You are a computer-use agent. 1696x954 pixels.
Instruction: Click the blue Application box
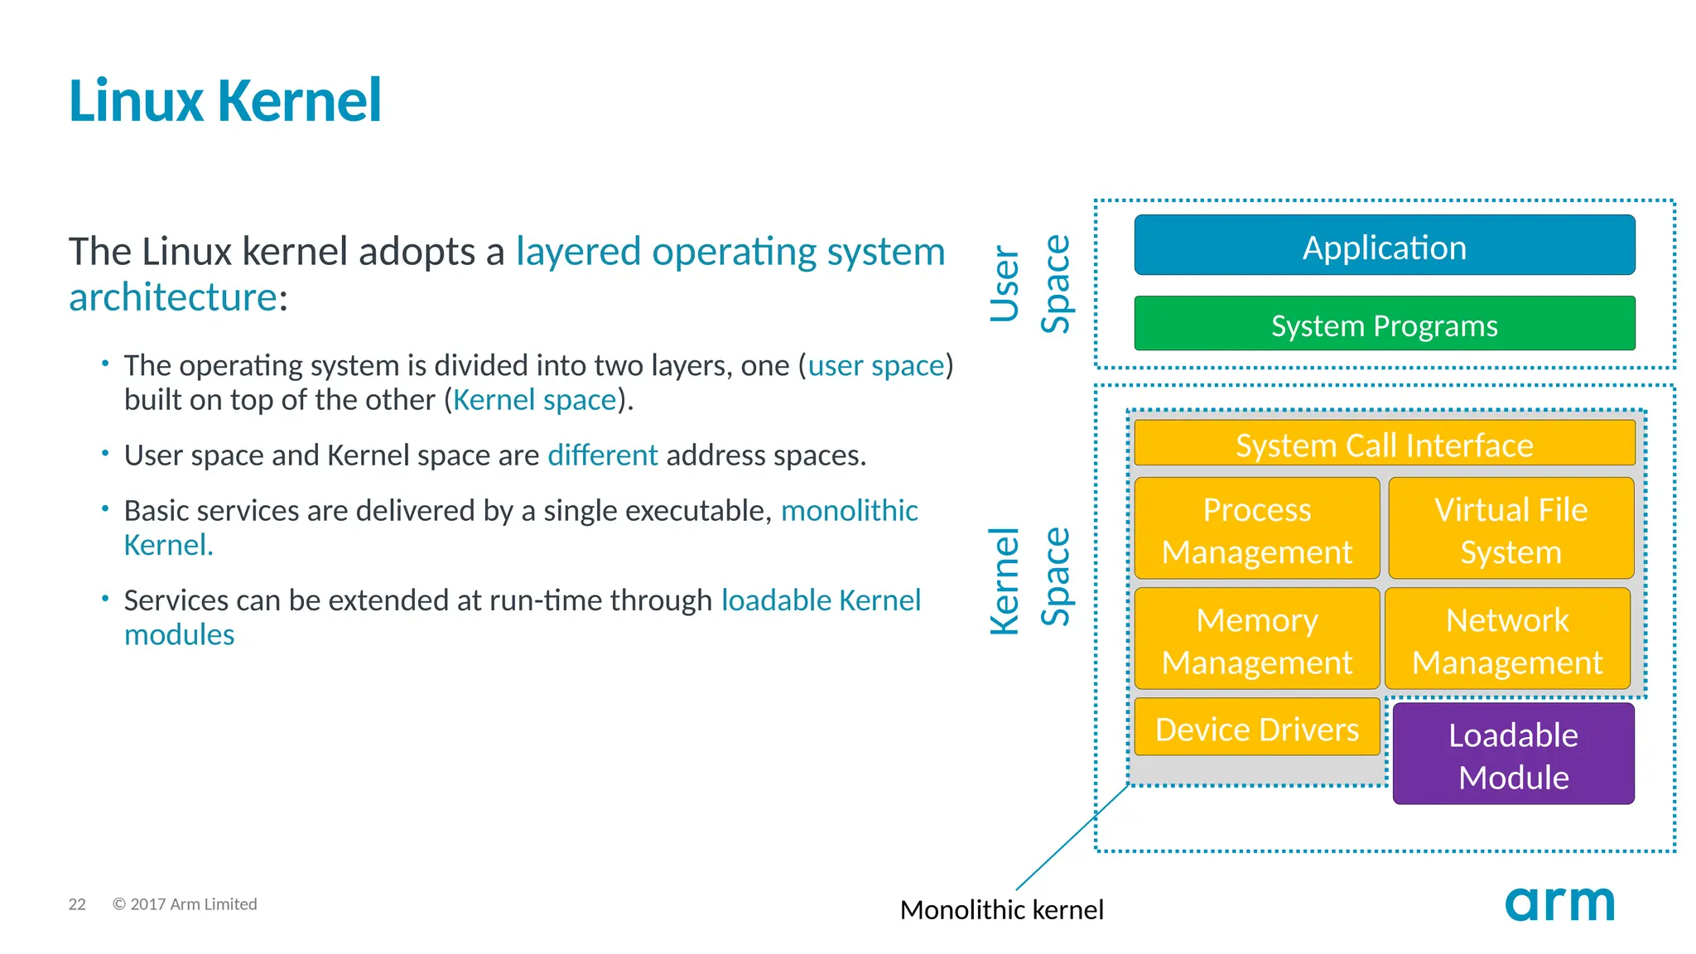tap(1384, 245)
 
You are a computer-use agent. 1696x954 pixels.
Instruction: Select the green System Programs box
tap(1384, 324)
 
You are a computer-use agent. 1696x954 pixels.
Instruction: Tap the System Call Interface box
tap(1384, 444)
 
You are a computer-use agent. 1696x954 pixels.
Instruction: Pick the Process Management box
tap(1256, 528)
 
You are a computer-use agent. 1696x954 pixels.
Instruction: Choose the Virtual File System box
tap(1510, 528)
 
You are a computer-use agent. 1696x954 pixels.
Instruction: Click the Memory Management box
tap(1256, 638)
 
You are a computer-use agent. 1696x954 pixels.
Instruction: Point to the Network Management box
tap(1507, 638)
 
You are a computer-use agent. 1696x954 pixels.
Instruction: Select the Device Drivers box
tap(1256, 727)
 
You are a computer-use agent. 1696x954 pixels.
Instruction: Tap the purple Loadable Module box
tap(1513, 754)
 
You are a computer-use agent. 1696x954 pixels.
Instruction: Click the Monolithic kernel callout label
tap(1001, 909)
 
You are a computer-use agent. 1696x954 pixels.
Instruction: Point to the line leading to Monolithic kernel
tap(1072, 836)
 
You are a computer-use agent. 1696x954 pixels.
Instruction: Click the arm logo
tap(1559, 903)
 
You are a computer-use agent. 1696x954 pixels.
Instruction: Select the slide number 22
tap(77, 904)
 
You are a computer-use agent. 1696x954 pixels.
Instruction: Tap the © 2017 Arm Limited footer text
tap(185, 904)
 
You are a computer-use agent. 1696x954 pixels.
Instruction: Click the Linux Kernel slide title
tap(224, 101)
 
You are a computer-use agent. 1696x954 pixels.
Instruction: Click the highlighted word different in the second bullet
tap(602, 455)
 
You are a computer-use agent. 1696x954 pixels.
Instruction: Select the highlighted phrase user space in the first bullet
tap(876, 365)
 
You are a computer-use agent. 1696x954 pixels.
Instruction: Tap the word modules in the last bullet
tap(179, 634)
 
